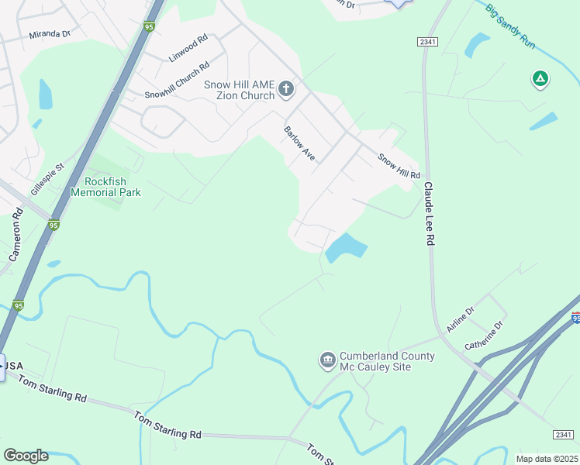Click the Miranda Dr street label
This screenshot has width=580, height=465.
pyautogui.click(x=50, y=35)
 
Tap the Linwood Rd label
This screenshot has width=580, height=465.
pyautogui.click(x=188, y=48)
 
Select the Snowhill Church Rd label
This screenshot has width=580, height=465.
pyautogui.click(x=178, y=81)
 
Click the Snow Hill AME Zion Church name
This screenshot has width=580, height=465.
pyautogui.click(x=239, y=90)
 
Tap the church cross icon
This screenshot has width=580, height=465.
pyautogui.click(x=285, y=89)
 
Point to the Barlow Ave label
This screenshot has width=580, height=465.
pyautogui.click(x=300, y=143)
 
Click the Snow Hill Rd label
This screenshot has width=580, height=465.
pyautogui.click(x=399, y=165)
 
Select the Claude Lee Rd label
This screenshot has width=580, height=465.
pyautogui.click(x=427, y=215)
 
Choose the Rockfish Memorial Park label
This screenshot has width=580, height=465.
pyautogui.click(x=106, y=187)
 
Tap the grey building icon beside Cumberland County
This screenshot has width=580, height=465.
pyautogui.click(x=326, y=360)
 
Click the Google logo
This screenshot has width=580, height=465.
pyautogui.click(x=26, y=456)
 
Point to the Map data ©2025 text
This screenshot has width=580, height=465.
pyautogui.click(x=547, y=459)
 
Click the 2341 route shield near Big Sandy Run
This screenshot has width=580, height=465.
pyautogui.click(x=426, y=41)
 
